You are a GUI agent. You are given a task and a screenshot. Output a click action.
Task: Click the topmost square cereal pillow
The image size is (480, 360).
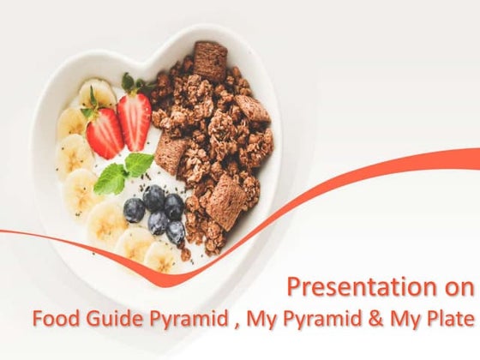tap(209, 59)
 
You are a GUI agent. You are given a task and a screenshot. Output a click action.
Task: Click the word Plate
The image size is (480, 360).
tap(452, 319)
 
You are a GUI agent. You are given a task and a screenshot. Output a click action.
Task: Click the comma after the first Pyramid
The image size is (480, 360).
tap(232, 322)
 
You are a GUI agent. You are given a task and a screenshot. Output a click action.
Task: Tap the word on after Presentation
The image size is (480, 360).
tap(463, 286)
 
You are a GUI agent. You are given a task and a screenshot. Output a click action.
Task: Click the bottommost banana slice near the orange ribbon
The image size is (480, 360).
tap(160, 256)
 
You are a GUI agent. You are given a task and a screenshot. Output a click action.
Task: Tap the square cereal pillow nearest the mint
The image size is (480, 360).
tap(171, 154)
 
